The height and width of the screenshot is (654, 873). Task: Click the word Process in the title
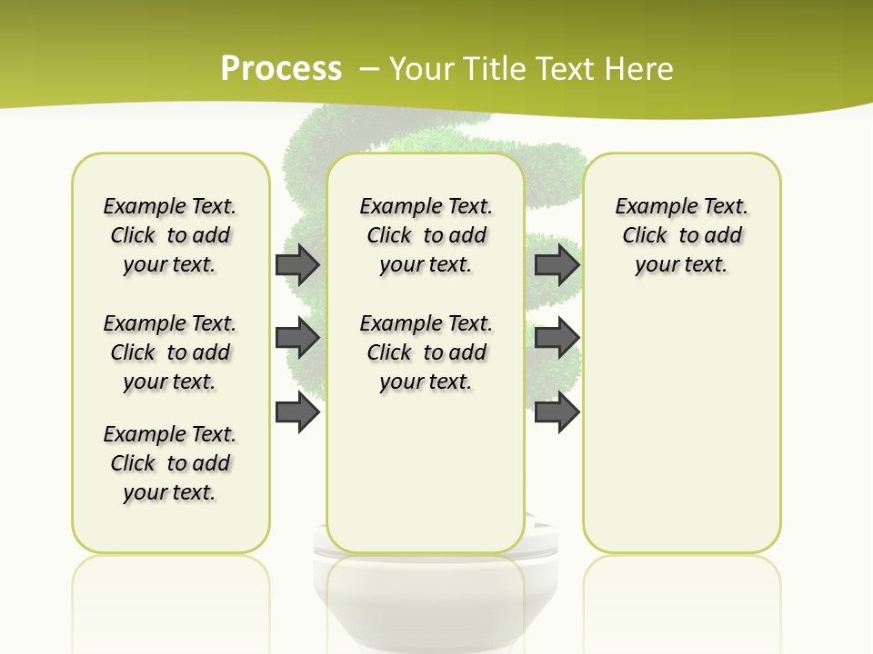tap(281, 68)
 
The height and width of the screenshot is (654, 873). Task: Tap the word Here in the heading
tap(640, 68)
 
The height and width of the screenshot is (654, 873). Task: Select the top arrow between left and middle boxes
tap(297, 264)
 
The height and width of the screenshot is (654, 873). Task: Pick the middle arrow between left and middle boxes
tap(297, 339)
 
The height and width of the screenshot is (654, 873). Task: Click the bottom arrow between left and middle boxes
tap(297, 413)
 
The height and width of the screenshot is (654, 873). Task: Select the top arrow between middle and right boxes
tap(557, 264)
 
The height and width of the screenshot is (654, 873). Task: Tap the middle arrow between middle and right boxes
tap(557, 339)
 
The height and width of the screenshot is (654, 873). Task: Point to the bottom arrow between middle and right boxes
tap(557, 413)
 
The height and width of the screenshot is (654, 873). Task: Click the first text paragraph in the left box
tap(170, 235)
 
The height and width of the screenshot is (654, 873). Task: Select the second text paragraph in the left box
tap(170, 352)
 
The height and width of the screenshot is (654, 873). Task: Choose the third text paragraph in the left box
tap(170, 463)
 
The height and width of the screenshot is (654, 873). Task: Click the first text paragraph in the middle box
tap(426, 235)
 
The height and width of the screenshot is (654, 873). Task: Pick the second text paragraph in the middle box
tap(426, 352)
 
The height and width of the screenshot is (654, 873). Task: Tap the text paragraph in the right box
tap(682, 235)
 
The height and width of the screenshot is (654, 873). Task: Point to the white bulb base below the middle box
tap(426, 599)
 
